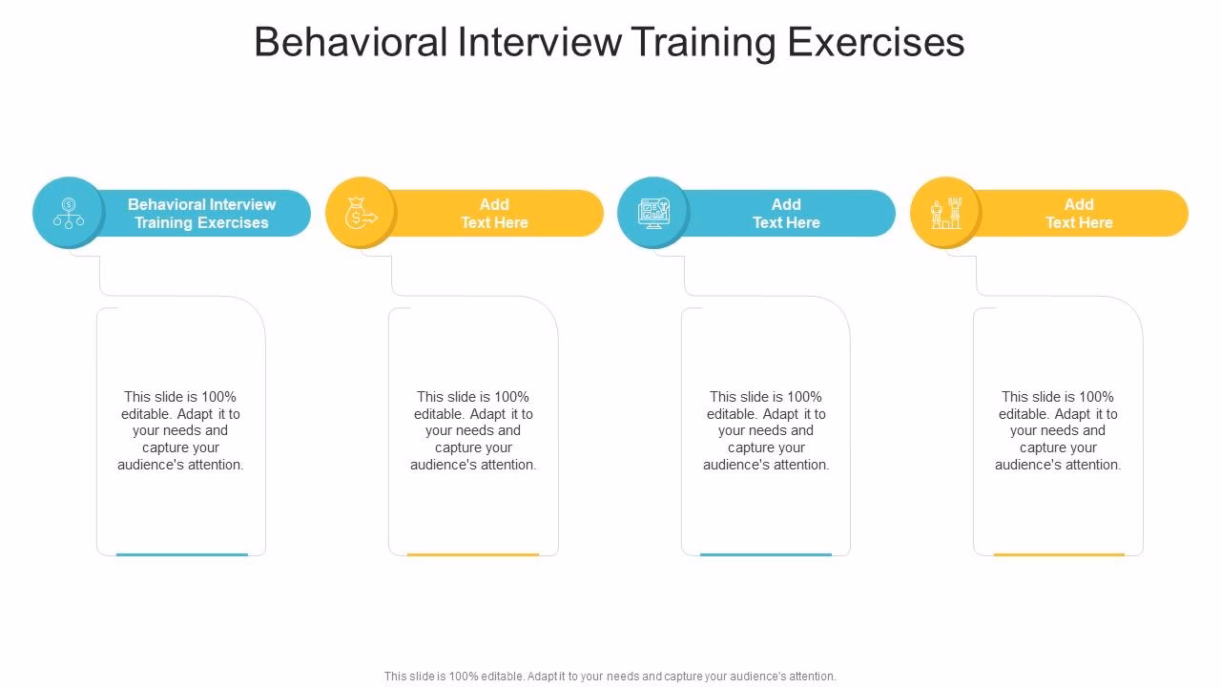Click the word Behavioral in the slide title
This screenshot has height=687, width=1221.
point(351,43)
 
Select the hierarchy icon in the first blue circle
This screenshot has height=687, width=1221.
point(69,213)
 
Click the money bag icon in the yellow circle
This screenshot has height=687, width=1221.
point(361,213)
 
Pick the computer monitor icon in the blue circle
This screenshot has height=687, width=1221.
point(653,213)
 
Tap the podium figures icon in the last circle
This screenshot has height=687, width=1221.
point(945,213)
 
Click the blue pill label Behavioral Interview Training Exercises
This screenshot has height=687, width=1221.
point(201,214)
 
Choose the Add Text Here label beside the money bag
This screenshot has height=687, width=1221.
point(494,214)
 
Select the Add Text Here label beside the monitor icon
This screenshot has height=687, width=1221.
point(786,214)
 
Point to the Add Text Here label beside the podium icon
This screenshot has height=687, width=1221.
point(1079,214)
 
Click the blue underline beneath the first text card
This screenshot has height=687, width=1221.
point(181,553)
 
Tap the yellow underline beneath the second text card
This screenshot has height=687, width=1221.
point(473,553)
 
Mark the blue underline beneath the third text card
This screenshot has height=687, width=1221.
point(766,553)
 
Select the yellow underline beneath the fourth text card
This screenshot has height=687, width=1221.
point(1059,553)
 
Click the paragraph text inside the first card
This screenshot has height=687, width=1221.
point(180,430)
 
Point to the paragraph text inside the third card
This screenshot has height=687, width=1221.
point(766,430)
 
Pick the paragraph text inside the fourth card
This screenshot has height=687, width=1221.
point(1058,430)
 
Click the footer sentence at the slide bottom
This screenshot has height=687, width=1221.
point(610,677)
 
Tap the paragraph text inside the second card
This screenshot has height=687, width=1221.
point(473,430)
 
